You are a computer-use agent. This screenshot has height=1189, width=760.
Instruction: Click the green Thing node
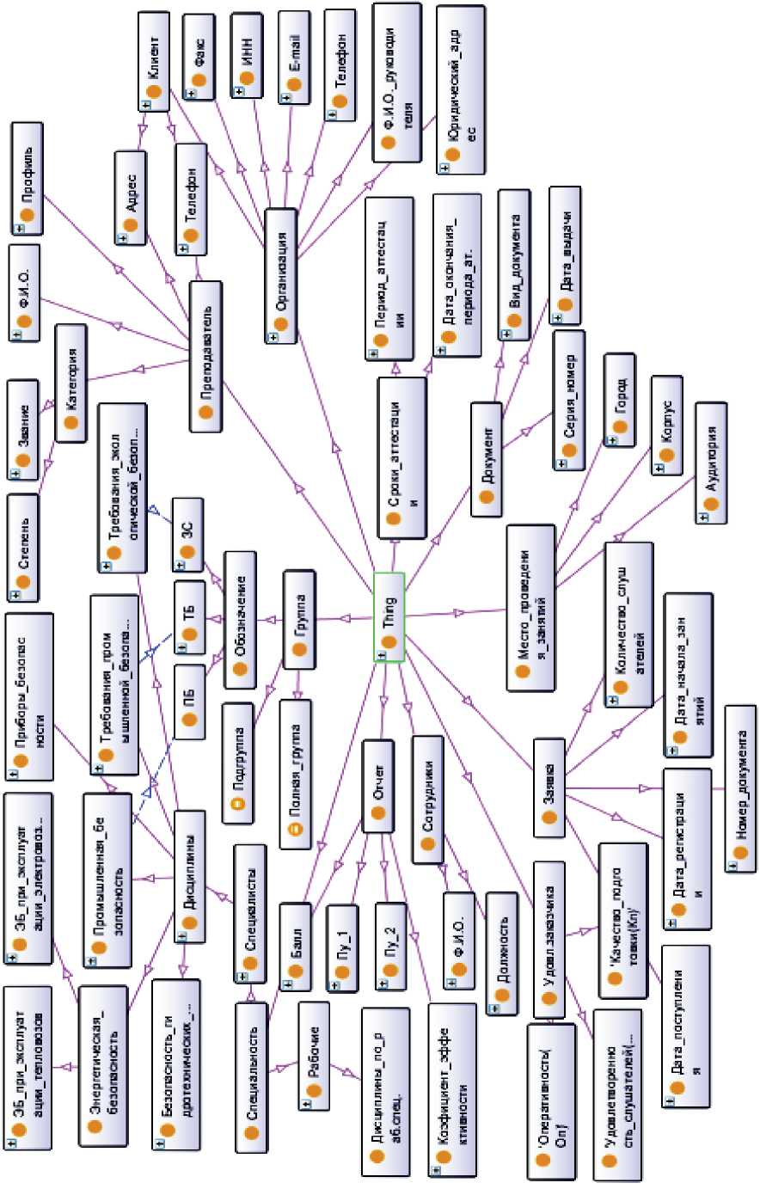389,616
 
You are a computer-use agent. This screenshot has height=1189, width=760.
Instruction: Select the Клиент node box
155,62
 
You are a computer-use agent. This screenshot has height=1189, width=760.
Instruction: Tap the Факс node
200,57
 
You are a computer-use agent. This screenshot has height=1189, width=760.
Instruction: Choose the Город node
620,400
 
